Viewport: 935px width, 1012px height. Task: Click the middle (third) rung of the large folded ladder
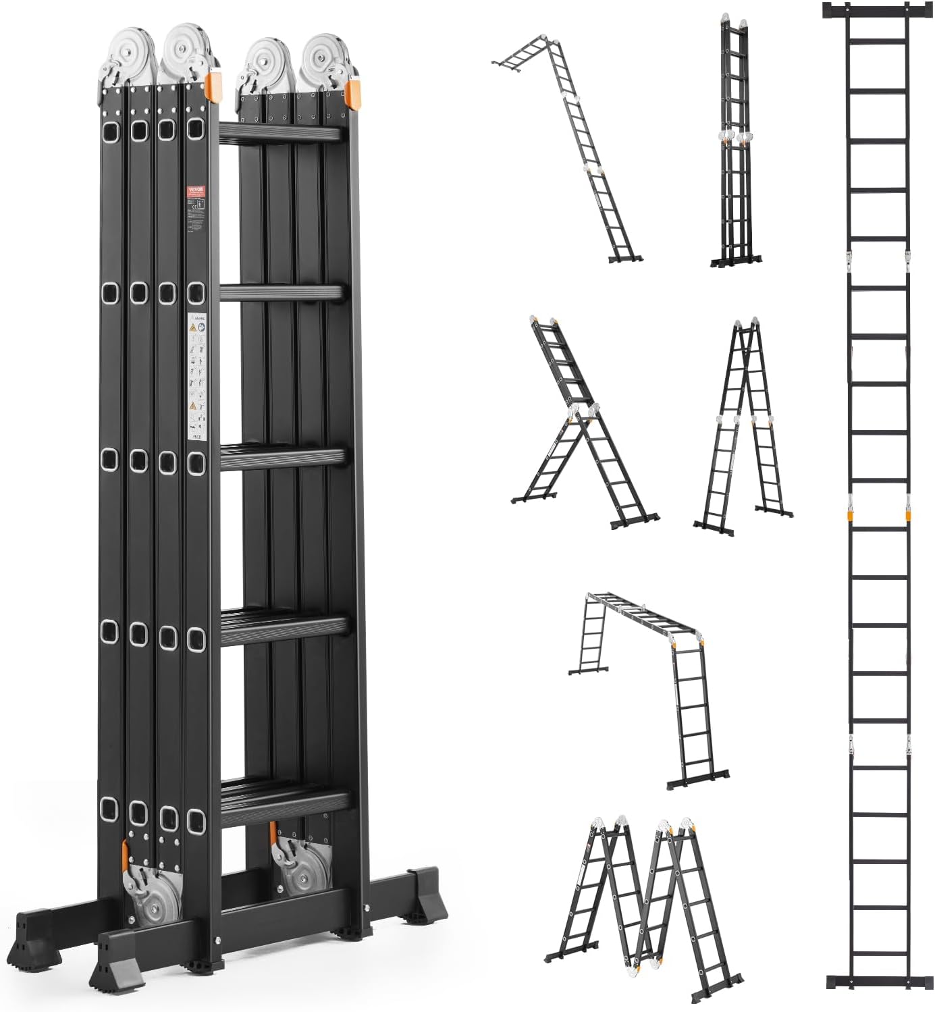point(284,457)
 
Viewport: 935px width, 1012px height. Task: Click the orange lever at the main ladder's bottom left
point(126,855)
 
